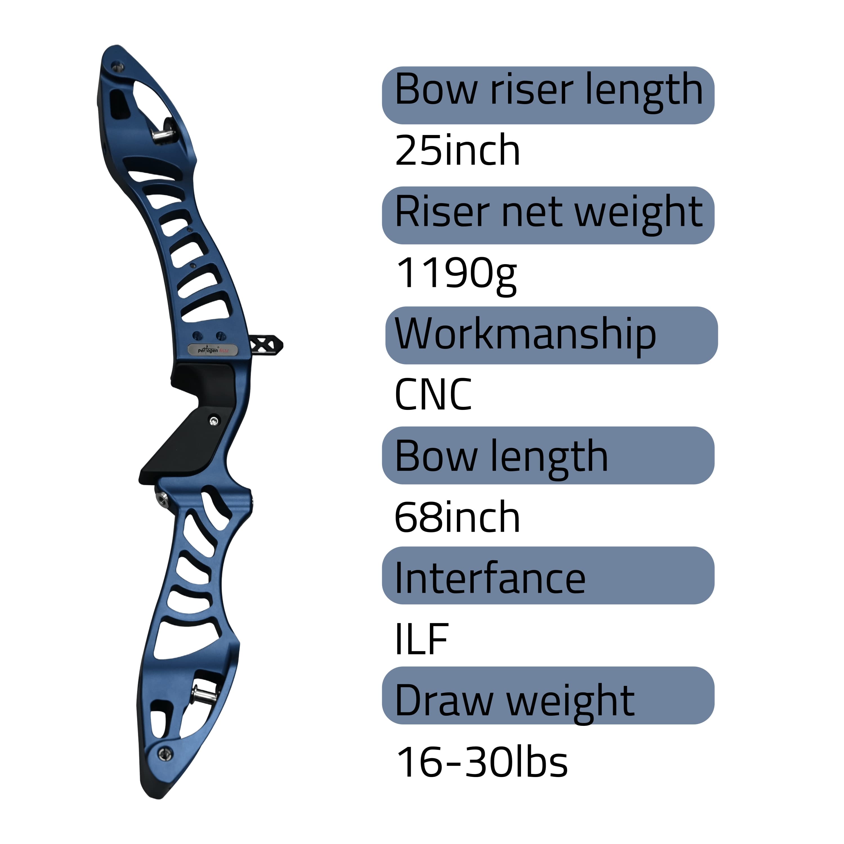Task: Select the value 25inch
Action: [457, 150]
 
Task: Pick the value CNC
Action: [433, 394]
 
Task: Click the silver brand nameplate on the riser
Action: [213, 350]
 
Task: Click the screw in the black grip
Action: [213, 421]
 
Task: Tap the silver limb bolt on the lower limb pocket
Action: [201, 694]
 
